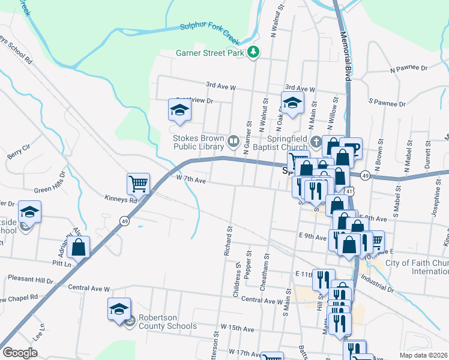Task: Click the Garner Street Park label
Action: tap(210, 53)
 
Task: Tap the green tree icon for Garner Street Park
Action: tap(254, 53)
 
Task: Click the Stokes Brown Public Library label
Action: tap(198, 142)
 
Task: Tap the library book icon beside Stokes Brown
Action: tap(233, 142)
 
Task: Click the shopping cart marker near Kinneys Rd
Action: tap(138, 183)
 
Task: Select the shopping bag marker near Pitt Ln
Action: tap(79, 246)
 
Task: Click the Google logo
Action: tap(20, 353)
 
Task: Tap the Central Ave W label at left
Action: tap(89, 289)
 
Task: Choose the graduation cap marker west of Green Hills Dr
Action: tap(29, 211)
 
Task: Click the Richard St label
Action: tap(228, 242)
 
